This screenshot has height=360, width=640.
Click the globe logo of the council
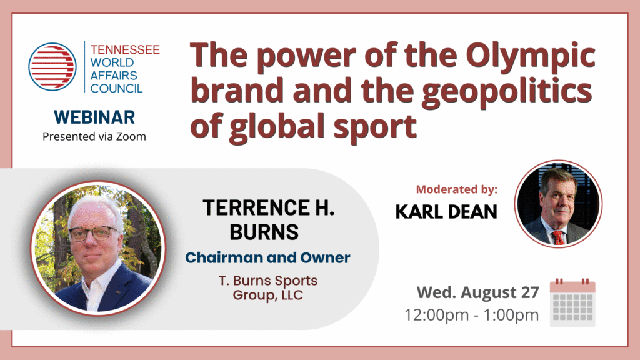[52, 66]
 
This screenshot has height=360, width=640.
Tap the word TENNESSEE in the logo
[125, 50]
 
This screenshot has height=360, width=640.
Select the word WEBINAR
[94, 117]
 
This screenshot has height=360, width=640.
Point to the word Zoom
[131, 136]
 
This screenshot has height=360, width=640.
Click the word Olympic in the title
[530, 57]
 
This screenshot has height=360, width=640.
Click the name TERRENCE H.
[269, 207]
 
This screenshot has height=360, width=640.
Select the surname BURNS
[264, 232]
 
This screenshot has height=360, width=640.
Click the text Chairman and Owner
[267, 258]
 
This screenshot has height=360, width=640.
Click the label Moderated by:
[457, 189]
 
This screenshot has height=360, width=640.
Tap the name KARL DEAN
[446, 211]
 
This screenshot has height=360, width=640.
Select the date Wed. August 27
[478, 292]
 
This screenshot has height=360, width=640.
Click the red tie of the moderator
[558, 237]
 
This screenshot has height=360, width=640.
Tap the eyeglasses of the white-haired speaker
[93, 234]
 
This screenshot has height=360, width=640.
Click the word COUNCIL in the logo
[116, 89]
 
